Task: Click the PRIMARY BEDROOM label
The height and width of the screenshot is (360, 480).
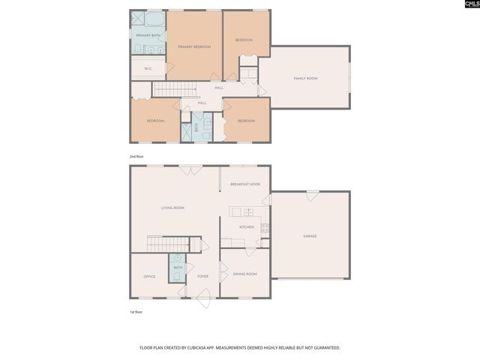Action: (x=194, y=47)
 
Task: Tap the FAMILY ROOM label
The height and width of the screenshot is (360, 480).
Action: (x=305, y=79)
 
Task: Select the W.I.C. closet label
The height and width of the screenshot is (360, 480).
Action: (x=148, y=67)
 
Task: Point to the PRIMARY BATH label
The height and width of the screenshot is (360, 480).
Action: (x=148, y=35)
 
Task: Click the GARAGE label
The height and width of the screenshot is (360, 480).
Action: (x=310, y=236)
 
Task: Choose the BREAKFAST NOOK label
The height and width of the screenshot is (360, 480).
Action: (x=245, y=184)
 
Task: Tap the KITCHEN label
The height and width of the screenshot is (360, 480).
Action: (x=247, y=226)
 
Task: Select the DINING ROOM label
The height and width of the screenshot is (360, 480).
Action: (x=245, y=274)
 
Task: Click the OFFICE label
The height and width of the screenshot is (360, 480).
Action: (x=149, y=277)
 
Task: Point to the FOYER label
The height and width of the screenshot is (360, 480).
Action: (x=202, y=277)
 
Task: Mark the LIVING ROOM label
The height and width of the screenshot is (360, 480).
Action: (x=173, y=208)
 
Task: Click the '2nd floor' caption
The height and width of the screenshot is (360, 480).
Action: (x=136, y=156)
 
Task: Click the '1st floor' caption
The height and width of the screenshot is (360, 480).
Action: (x=136, y=311)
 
